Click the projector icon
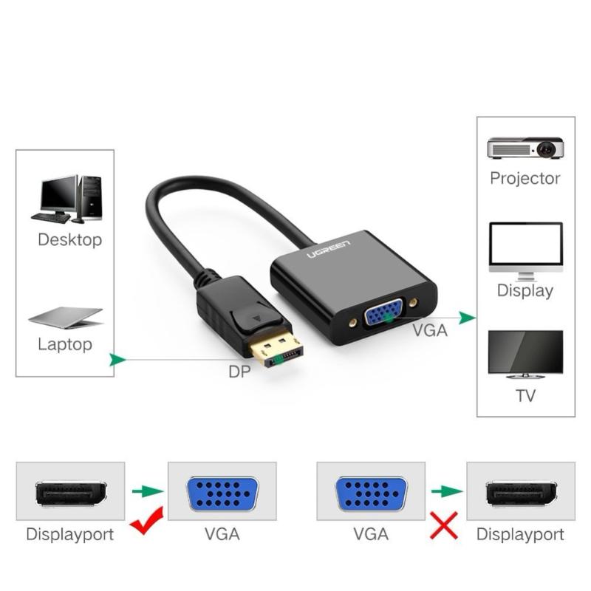point(525,148)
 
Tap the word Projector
point(525,179)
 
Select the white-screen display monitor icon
point(526,251)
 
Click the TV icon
point(525,355)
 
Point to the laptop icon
point(66,318)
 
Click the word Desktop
point(70,240)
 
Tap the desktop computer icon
point(66,199)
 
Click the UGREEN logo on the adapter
point(329,249)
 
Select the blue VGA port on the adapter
point(383,311)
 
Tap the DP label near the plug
point(239,372)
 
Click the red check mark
point(146,521)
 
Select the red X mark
point(444,525)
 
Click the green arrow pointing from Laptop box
point(117,360)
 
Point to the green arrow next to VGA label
point(468,318)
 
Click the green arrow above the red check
point(148,491)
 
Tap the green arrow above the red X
point(447,491)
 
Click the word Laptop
point(65,344)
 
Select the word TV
point(525,396)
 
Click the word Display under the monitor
point(525,290)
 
